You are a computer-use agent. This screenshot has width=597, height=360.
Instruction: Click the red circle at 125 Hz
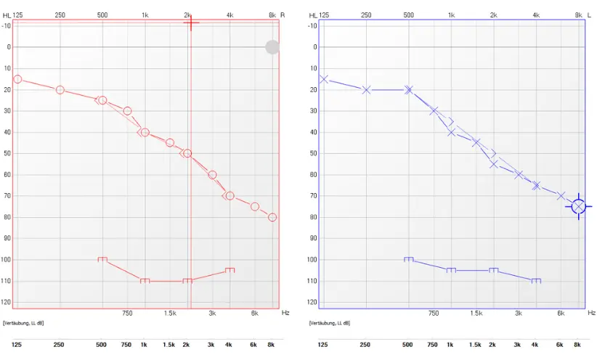pos(17,79)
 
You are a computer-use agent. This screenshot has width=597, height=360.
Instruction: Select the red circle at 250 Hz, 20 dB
pos(60,90)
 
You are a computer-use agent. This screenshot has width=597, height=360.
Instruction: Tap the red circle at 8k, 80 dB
pos(272,217)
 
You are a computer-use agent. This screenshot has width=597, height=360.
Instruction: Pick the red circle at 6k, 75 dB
pos(255,206)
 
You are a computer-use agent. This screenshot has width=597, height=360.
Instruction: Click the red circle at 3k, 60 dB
pos(212,175)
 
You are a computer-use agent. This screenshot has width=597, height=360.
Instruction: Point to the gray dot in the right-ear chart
pos(272,47)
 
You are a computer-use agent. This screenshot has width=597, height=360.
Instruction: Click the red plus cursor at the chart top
pos(191,22)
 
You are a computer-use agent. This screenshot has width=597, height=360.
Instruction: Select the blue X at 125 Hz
pos(324,79)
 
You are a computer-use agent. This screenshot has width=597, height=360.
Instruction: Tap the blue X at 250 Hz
pos(366,90)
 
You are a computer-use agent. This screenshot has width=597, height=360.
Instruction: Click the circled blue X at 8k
pos(579,206)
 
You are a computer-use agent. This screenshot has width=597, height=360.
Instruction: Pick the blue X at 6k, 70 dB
pos(561,196)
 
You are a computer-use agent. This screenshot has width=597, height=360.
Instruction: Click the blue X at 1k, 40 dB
pos(451,132)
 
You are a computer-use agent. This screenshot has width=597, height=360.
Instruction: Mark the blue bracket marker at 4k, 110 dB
pos(536,280)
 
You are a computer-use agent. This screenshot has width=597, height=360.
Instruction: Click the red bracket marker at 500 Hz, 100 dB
pos(102,259)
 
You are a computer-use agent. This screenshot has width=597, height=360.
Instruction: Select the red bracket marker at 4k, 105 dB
pos(230,270)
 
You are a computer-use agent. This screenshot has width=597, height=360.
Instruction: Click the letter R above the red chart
pos(283,15)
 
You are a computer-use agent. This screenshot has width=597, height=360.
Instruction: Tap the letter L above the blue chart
pos(589,15)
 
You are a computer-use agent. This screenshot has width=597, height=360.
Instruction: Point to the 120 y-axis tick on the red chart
pos(7,302)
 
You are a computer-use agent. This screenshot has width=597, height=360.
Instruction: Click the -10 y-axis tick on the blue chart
pos(312,25)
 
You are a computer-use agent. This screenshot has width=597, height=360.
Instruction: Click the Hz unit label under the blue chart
pos(591,313)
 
